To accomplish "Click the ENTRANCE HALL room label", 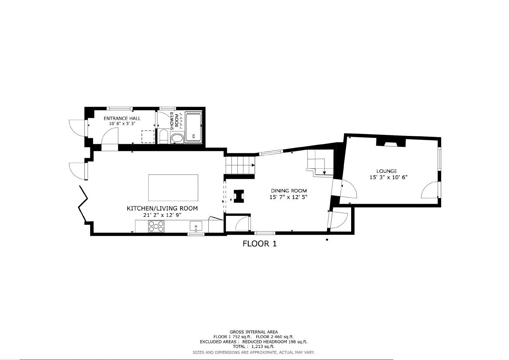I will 122,118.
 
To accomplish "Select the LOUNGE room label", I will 387,171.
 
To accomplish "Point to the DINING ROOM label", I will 289,191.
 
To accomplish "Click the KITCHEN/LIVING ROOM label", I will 162,208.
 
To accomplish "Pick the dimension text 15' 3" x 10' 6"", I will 388,177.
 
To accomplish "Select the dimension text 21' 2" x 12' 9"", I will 162,215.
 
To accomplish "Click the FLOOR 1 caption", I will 260,244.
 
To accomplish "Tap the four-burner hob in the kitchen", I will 156,226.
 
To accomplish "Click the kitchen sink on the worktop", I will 196,226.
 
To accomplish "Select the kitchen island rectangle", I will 173,188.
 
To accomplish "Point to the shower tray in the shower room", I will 194,127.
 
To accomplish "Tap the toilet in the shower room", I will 163,137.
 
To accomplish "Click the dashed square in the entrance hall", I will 148,137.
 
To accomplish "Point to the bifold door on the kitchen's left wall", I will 83,203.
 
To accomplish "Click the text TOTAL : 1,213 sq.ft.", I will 254,346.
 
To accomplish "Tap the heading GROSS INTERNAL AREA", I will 254,332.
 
